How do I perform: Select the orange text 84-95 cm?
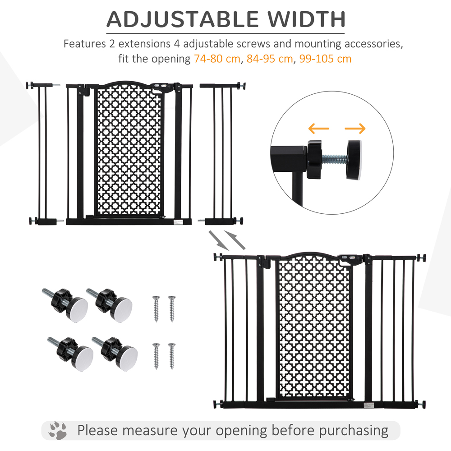point(270,59)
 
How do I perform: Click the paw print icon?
point(58,430)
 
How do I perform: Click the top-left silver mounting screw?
point(156,308)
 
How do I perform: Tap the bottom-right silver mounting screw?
point(171,356)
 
